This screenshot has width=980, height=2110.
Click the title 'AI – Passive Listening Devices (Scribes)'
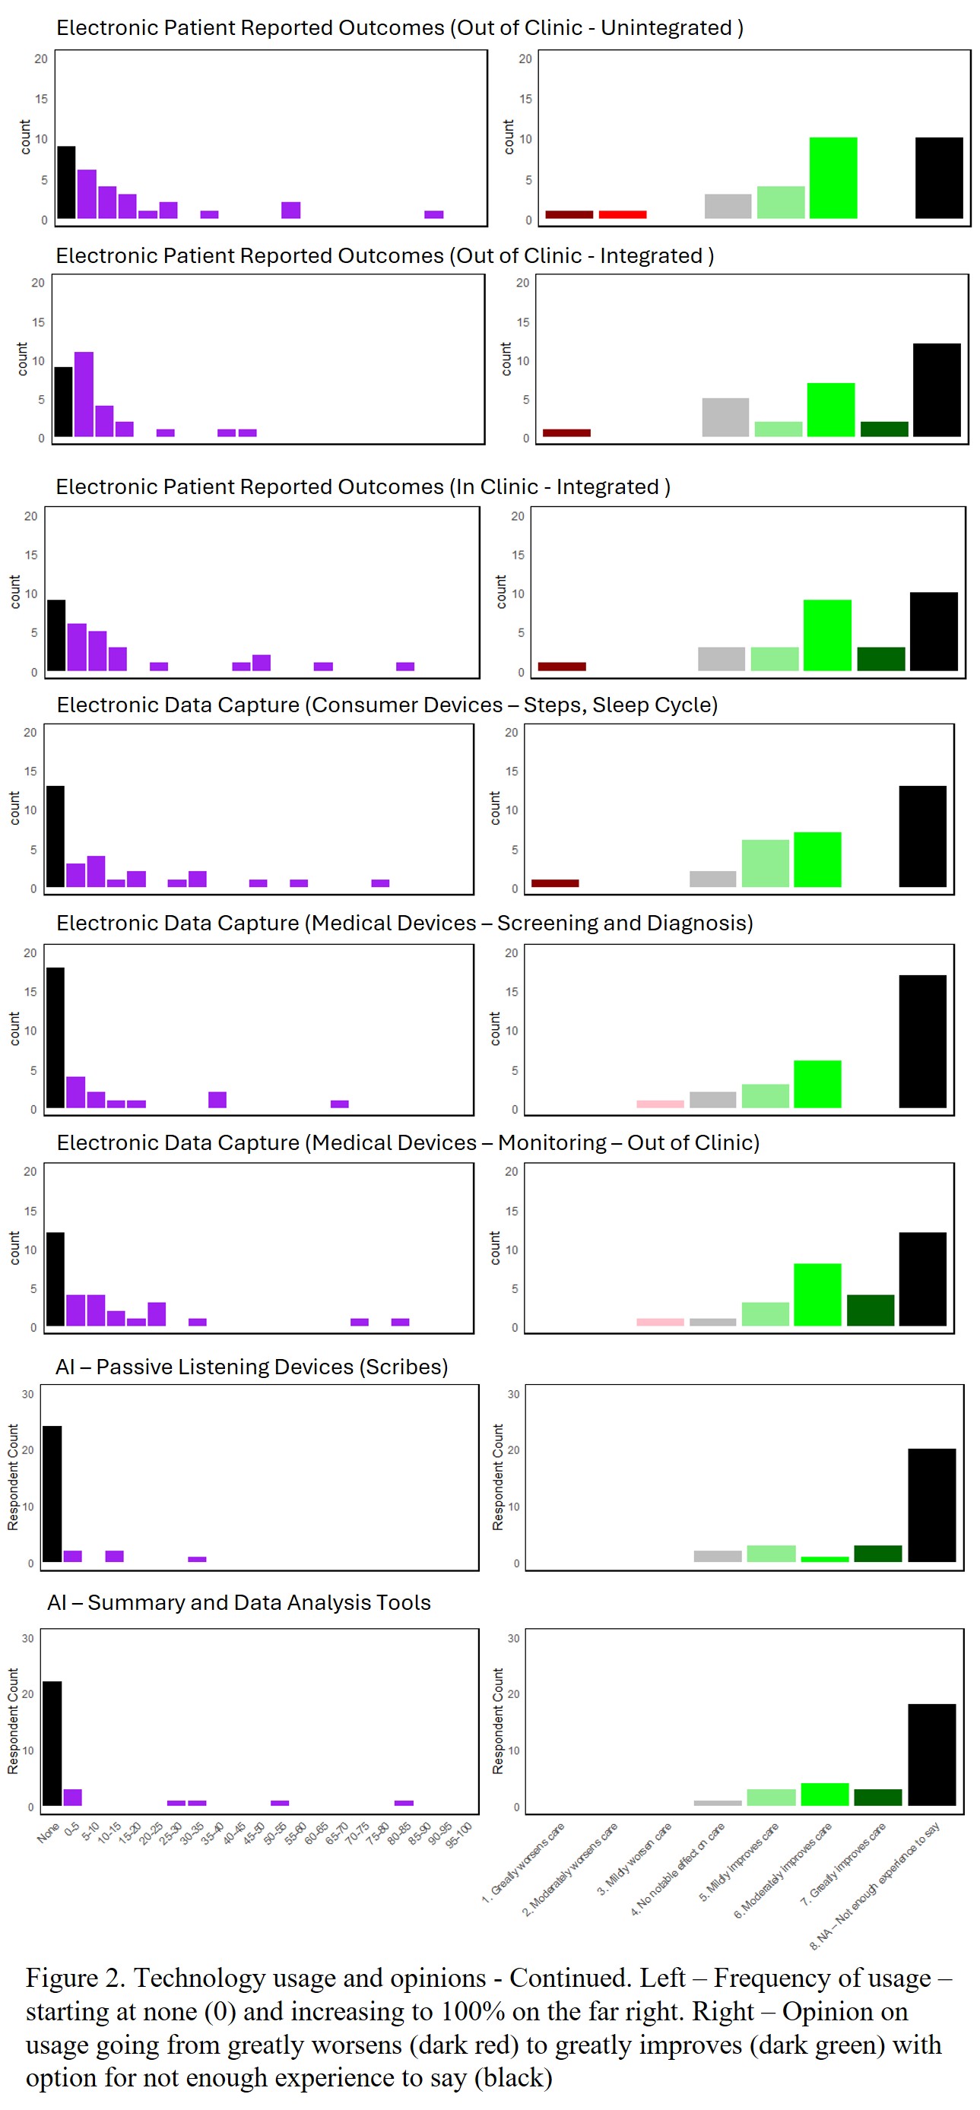[252, 1367]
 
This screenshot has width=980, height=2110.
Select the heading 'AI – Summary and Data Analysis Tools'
[239, 1602]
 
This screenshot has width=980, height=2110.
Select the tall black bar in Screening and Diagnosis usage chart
[55, 1037]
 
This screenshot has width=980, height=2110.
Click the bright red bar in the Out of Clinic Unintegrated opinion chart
[622, 214]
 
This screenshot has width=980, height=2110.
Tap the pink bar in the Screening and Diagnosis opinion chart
[660, 1104]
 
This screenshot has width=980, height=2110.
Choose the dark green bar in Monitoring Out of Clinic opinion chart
[870, 1310]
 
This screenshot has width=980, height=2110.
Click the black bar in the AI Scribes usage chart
[52, 1494]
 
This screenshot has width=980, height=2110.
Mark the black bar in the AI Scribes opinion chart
[931, 1505]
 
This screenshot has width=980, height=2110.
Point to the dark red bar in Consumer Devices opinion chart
[555, 883]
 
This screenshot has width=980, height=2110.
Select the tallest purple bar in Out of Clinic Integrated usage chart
[84, 394]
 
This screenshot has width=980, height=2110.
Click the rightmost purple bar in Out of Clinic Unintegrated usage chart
[433, 214]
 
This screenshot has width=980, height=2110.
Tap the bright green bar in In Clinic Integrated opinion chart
[826, 635]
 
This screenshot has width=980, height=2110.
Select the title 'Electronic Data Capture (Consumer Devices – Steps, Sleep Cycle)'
[387, 705]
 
